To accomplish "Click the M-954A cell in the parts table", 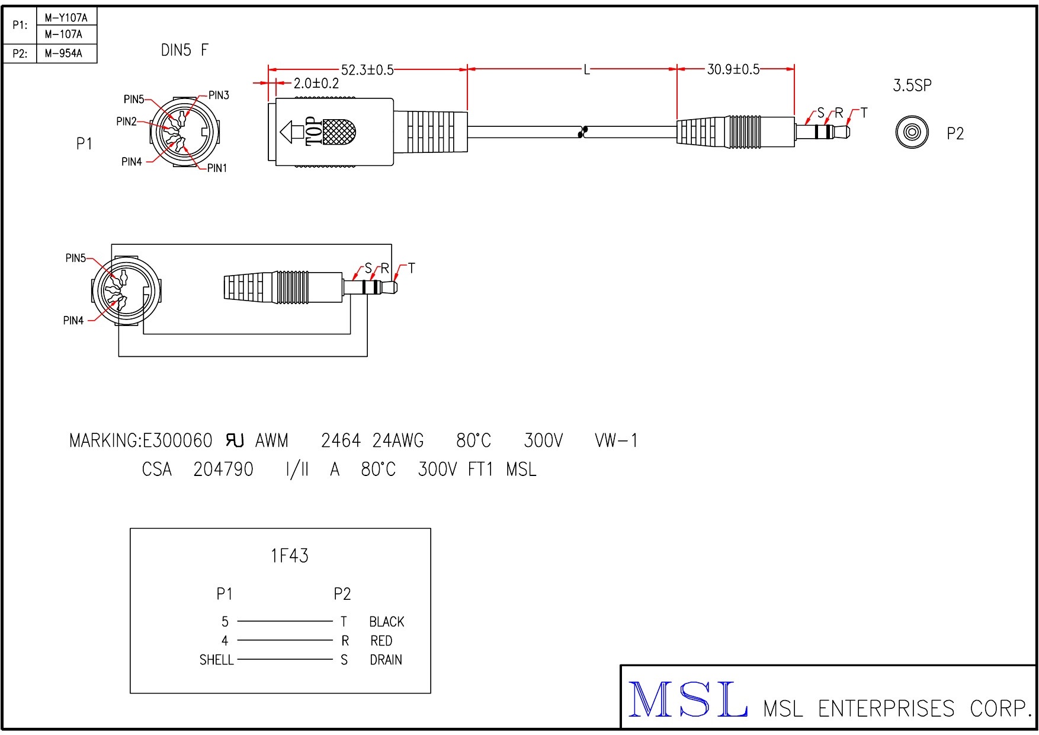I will (63, 54).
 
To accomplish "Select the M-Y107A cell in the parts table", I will (66, 18).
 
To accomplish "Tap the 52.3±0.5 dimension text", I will (367, 70).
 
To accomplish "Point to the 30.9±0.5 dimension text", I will (733, 69).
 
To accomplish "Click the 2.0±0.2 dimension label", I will (316, 84).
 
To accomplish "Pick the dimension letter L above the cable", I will (586, 70).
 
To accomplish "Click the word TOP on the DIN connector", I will (313, 132).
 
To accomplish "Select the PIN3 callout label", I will (219, 95).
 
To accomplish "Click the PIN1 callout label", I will (217, 168).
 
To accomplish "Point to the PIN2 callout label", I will (126, 122).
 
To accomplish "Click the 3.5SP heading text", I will (912, 85).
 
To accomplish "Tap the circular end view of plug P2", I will (910, 132).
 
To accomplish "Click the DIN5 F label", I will (184, 50).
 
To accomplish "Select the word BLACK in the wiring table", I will (386, 622).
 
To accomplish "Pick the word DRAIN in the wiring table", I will (386, 660).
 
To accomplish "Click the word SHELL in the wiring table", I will (216, 660).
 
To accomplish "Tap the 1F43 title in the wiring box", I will (290, 556).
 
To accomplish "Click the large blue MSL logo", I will (687, 701).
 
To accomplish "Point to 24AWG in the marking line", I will (398, 441).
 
